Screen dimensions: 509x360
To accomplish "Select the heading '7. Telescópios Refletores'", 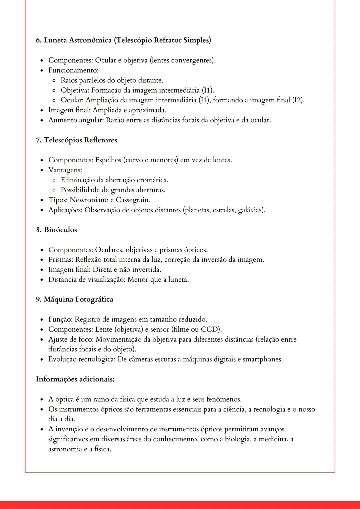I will point(77,140).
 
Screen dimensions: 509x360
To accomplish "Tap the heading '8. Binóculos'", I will point(56,230).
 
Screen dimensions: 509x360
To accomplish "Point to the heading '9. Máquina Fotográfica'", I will point(75,299).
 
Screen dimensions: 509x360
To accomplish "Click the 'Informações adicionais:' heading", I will point(75,379).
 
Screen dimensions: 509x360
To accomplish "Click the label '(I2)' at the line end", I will point(298,100).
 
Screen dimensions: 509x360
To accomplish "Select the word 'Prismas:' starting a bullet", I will point(61,259).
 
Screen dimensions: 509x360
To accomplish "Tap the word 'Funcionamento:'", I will point(73,70).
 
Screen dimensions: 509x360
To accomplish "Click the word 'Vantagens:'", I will point(65,170).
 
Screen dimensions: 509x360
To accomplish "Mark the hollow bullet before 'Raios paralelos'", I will point(54,81).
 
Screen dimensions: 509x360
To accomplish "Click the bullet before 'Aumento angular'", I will point(42,120).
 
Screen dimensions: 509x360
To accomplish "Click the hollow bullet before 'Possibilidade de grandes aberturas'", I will point(54,190).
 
